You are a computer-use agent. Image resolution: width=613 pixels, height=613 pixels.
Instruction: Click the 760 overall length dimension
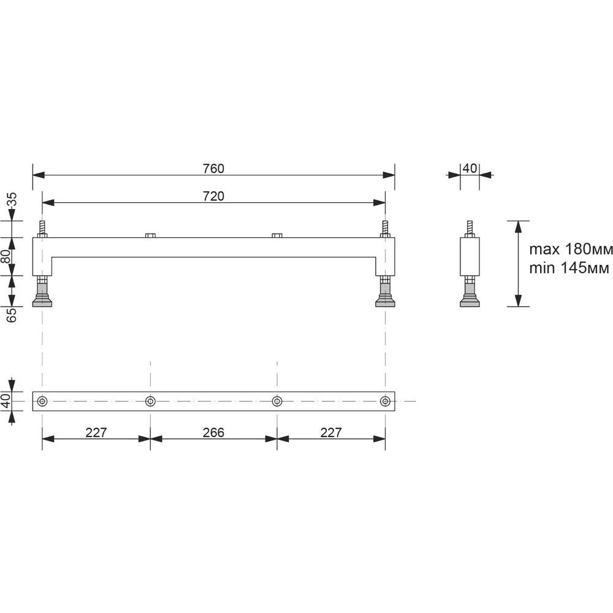[x=213, y=169]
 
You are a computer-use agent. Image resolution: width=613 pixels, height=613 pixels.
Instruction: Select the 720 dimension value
[x=213, y=196]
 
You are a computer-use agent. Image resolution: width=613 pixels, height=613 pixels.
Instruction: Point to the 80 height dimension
[x=6, y=256]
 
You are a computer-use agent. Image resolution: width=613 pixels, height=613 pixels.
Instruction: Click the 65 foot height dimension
[x=12, y=315]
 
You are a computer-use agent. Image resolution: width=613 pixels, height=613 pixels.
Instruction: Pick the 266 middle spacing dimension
[x=213, y=432]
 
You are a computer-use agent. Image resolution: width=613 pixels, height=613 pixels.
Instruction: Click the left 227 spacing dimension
[x=96, y=432]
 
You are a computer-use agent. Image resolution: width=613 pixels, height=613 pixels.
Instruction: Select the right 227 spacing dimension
[x=331, y=432]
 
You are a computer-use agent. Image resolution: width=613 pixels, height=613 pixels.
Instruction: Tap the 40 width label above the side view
[x=470, y=169]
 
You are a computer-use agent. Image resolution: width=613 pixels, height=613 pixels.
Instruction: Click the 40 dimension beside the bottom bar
[x=6, y=401]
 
